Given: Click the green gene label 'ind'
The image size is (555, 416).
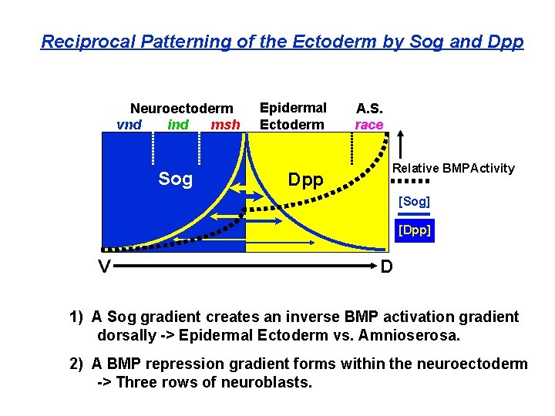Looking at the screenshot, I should [x=178, y=125].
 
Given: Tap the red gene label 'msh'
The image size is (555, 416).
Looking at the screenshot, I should [x=225, y=125].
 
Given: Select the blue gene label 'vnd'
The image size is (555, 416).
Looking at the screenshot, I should [x=129, y=125].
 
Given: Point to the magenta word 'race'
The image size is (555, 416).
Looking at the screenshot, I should [x=368, y=125].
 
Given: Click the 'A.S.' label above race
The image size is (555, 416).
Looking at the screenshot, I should [x=368, y=109].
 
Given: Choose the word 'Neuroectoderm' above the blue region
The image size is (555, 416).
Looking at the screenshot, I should [x=181, y=109].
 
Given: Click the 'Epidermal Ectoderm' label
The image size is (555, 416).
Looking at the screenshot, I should [x=293, y=116].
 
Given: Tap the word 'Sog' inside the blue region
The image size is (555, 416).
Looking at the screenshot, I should [x=175, y=179].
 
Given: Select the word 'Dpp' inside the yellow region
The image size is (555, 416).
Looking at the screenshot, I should [x=305, y=180].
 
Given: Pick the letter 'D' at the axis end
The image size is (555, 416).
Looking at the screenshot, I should [x=388, y=267].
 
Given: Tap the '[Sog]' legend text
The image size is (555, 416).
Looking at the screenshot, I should [x=414, y=202].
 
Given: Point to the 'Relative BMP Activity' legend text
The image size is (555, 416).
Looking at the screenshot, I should [x=453, y=168].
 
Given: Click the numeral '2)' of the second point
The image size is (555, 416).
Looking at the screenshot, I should [x=76, y=364].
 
